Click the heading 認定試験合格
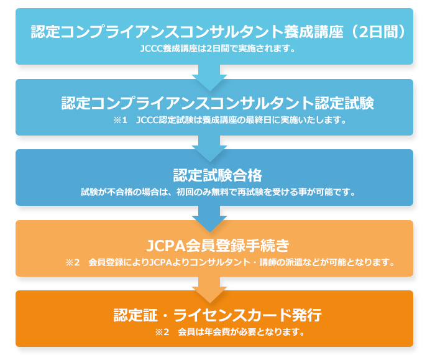coord(217,175)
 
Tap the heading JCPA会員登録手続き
coord(217,246)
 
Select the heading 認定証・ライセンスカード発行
coord(217,315)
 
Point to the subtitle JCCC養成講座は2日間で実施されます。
coord(217,48)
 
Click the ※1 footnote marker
coord(121,120)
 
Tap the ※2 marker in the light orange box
coord(73,262)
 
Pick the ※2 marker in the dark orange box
coord(162,331)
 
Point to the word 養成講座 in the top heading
coord(313,31)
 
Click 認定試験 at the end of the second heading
coord(344,103)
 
